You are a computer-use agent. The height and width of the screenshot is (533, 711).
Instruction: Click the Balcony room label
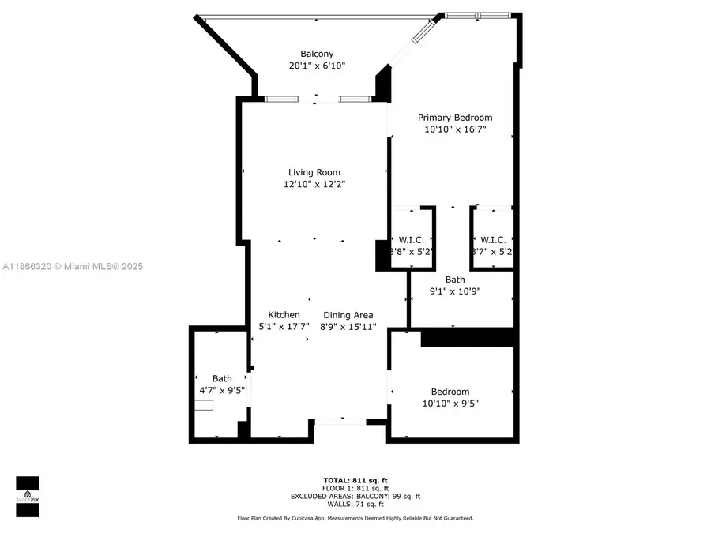click(x=317, y=54)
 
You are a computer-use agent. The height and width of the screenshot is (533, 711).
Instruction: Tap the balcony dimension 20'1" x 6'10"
click(x=317, y=66)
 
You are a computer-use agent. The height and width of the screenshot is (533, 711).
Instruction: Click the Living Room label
click(x=314, y=172)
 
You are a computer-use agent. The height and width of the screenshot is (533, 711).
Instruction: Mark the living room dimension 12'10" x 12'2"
click(x=314, y=185)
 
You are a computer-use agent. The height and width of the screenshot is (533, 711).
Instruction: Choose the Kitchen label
click(x=284, y=314)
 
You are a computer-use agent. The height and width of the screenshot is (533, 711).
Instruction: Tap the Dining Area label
click(x=347, y=314)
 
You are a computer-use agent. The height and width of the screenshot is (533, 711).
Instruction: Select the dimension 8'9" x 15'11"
click(x=348, y=327)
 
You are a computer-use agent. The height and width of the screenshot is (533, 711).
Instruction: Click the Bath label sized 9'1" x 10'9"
click(x=455, y=280)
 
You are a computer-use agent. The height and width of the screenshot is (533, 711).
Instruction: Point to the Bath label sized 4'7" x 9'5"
click(x=222, y=378)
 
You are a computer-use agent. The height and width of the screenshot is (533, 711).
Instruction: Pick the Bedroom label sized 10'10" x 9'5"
click(x=450, y=392)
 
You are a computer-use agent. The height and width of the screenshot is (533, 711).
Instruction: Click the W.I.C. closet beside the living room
click(x=412, y=240)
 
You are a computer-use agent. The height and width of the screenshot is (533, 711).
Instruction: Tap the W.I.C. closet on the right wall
click(x=493, y=240)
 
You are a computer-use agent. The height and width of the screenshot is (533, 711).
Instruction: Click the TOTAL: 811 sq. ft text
click(x=355, y=480)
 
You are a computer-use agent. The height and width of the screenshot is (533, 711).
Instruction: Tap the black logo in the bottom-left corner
click(x=28, y=497)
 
